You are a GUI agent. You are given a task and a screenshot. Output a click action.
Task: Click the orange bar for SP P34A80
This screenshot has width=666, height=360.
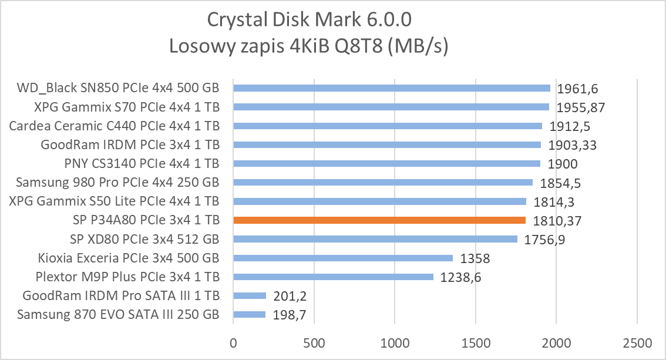[x=379, y=220]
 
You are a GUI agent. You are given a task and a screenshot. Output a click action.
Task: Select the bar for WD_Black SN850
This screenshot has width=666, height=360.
[x=392, y=88]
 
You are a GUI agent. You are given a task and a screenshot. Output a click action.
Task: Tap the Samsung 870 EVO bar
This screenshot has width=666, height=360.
[x=250, y=315]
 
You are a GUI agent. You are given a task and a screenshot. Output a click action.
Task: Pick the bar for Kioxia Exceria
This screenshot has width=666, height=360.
[x=343, y=258]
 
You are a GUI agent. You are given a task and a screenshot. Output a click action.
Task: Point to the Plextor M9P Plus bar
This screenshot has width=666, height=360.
[x=334, y=277]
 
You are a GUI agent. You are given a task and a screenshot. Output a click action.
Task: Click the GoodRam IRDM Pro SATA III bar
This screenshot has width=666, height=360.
[x=250, y=295]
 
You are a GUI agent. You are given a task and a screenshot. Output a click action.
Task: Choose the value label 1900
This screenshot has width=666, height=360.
[x=562, y=164]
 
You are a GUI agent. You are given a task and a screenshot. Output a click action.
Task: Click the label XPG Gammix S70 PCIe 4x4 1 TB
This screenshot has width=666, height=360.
[x=115, y=107]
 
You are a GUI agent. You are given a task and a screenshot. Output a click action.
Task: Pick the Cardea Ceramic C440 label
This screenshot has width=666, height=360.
[x=115, y=126]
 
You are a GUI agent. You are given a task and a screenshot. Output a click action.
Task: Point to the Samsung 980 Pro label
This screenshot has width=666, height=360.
[x=118, y=182]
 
